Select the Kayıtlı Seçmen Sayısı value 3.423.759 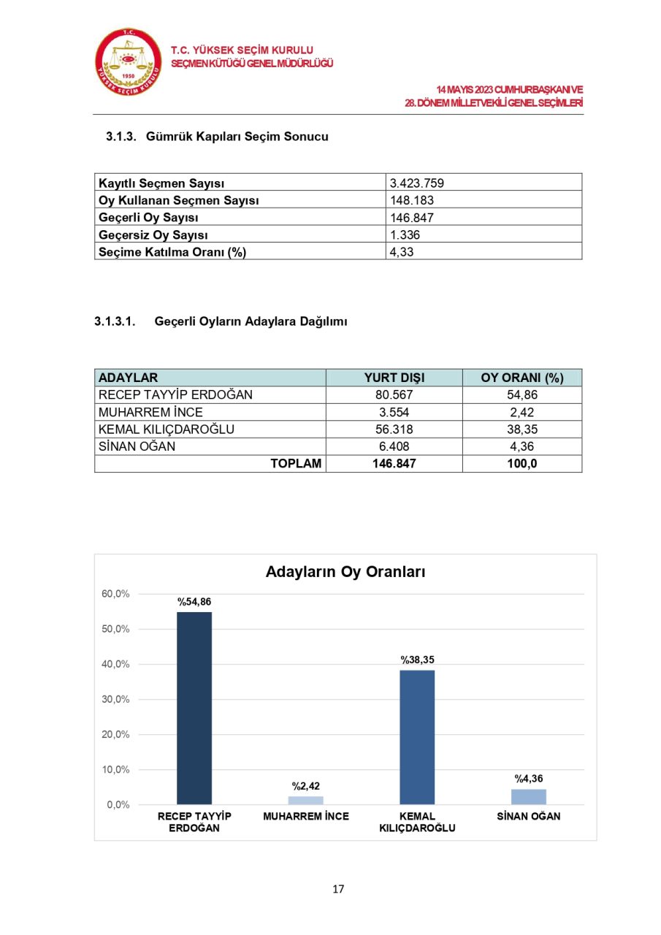point(416,183)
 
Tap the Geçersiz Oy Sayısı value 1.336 point(405,235)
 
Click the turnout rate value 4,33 point(402,252)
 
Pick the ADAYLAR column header point(128,378)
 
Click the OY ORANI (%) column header point(521,378)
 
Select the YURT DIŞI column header point(394,378)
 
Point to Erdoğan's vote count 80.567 point(394,394)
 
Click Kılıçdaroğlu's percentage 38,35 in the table point(521,430)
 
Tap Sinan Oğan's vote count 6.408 point(394,446)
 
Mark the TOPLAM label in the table point(296,464)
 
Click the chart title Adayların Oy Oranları point(345,572)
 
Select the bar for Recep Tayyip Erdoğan point(194,708)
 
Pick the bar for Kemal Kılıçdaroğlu point(417,737)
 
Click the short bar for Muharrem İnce point(306,800)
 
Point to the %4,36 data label point(529,779)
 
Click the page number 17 point(338,889)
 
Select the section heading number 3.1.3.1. point(115,321)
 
